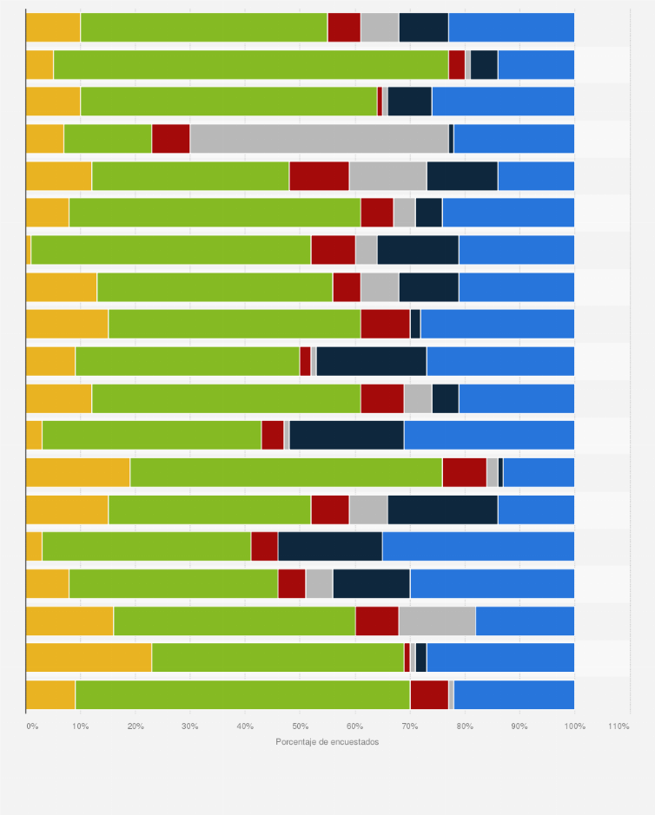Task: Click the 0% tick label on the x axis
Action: tap(31, 725)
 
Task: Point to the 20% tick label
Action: tap(136, 725)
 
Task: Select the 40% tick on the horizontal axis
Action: tap(245, 725)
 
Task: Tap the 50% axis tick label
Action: tap(300, 725)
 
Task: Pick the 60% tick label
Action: tap(354, 725)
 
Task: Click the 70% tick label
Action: tap(409, 725)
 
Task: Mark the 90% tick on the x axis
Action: tap(519, 725)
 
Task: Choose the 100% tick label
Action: tap(573, 725)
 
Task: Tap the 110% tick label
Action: tap(619, 725)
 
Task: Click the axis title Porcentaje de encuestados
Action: tap(327, 741)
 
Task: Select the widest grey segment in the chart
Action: tap(319, 138)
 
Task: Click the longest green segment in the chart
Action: tap(251, 64)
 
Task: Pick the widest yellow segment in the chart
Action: tap(89, 657)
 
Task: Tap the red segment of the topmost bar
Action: tap(344, 27)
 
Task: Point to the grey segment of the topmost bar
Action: tap(380, 27)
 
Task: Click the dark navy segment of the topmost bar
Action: tap(423, 27)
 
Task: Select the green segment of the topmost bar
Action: tap(204, 27)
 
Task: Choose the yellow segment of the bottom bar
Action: tap(50, 694)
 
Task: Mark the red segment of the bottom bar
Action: tap(429, 694)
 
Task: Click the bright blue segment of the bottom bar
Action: tap(514, 694)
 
